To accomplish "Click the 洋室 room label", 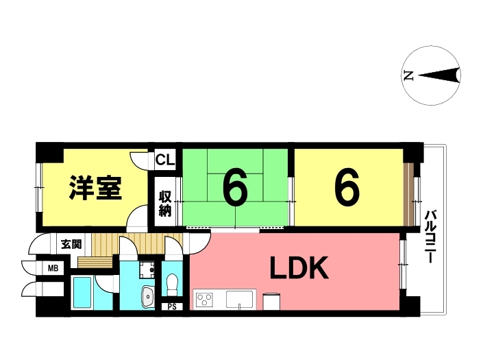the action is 95,188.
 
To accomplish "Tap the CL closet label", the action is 165,160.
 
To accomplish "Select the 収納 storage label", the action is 165,204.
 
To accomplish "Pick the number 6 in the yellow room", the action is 347,187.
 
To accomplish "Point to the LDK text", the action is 299,268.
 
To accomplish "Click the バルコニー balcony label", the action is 432,237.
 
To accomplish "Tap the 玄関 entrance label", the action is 71,244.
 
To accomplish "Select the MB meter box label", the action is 53,269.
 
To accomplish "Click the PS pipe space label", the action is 172,307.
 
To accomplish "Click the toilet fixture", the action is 172,285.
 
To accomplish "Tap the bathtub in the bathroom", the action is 82,292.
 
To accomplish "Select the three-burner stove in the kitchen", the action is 205,300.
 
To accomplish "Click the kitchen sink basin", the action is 239,299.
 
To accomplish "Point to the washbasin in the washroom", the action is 148,297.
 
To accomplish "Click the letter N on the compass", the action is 408,75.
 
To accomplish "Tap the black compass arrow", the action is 438,75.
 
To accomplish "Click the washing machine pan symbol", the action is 147,269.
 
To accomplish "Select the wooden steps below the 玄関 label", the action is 95,263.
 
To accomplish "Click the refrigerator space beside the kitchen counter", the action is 271,302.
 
